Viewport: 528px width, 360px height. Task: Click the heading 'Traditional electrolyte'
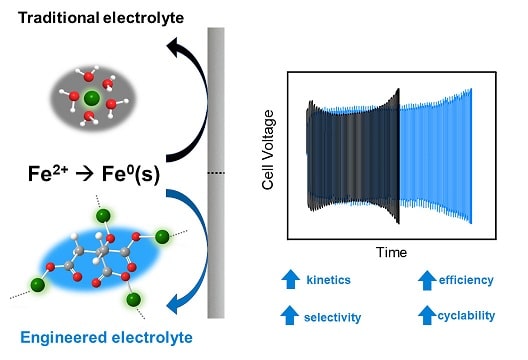pyautogui.click(x=101, y=18)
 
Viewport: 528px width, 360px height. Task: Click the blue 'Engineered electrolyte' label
pyautogui.click(x=106, y=338)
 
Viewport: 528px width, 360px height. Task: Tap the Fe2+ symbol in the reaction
pyautogui.click(x=48, y=173)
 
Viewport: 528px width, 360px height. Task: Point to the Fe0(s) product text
pyautogui.click(x=131, y=174)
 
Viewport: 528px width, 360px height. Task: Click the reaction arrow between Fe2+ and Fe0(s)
pyautogui.click(x=85, y=174)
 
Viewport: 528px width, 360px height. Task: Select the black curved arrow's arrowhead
pyautogui.click(x=175, y=47)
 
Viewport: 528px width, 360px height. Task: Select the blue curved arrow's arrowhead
pyautogui.click(x=175, y=303)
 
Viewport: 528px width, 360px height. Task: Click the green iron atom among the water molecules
pyautogui.click(x=92, y=98)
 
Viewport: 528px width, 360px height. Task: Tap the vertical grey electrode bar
pyautogui.click(x=216, y=173)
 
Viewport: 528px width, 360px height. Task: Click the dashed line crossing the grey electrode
pyautogui.click(x=216, y=173)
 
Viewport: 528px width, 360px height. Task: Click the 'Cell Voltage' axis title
pyautogui.click(x=268, y=150)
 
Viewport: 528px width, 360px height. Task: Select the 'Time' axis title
pyautogui.click(x=391, y=252)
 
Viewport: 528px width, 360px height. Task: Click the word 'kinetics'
pyautogui.click(x=328, y=280)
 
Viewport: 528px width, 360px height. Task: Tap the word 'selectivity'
pyautogui.click(x=332, y=317)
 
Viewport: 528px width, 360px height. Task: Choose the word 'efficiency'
pyautogui.click(x=466, y=280)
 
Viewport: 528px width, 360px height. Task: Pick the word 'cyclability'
pyautogui.click(x=466, y=316)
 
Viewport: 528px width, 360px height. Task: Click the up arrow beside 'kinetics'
pyautogui.click(x=291, y=279)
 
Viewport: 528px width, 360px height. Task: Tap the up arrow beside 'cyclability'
pyautogui.click(x=427, y=315)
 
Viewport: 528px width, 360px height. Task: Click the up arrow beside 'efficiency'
pyautogui.click(x=427, y=280)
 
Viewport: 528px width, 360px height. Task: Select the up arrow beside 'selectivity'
pyautogui.click(x=290, y=315)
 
